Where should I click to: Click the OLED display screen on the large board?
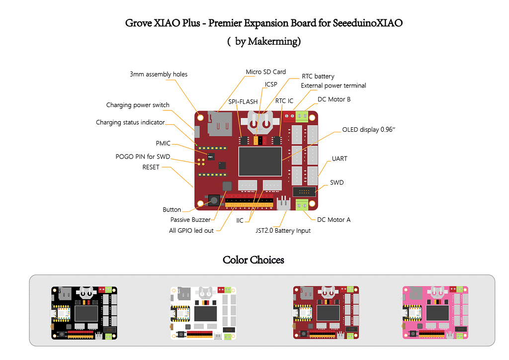(x=260, y=161)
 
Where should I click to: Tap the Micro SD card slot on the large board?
(x=220, y=124)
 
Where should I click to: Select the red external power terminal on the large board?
(x=289, y=116)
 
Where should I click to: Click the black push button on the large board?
(x=214, y=200)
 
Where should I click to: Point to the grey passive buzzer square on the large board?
(x=227, y=186)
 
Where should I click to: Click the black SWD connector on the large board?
(x=304, y=191)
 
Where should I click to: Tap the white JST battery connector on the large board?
(x=283, y=203)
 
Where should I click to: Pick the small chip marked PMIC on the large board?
(x=211, y=157)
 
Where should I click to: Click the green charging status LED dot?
(x=196, y=145)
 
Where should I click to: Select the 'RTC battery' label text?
(x=318, y=76)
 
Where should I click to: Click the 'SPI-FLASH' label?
(x=243, y=101)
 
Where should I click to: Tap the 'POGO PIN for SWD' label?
(x=143, y=157)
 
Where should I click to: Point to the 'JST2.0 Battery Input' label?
(x=283, y=231)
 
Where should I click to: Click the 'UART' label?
(x=339, y=159)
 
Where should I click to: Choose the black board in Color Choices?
(x=84, y=313)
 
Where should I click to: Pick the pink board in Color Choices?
(x=435, y=313)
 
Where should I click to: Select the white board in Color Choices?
(x=203, y=313)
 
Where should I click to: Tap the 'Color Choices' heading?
(x=253, y=260)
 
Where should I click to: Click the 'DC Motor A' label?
(x=334, y=220)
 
